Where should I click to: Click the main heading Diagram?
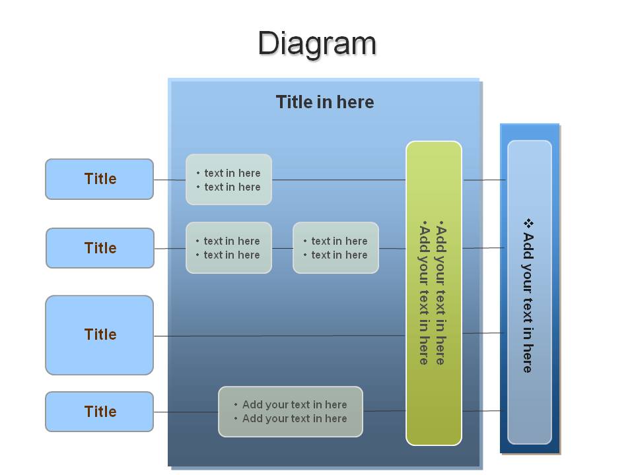[x=317, y=44]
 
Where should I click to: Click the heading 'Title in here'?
[x=325, y=102]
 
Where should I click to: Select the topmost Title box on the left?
[x=100, y=179]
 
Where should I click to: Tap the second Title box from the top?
[x=100, y=248]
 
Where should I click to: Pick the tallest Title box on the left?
[x=100, y=335]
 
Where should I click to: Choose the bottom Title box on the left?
[x=100, y=412]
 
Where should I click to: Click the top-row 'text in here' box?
[x=229, y=179]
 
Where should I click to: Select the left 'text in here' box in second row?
[x=229, y=247]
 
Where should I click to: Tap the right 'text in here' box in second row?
[x=335, y=247]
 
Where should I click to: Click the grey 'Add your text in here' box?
[x=291, y=412]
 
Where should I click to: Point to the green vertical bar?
[x=434, y=293]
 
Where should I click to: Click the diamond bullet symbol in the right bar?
[x=528, y=224]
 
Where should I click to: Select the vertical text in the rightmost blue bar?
[x=528, y=296]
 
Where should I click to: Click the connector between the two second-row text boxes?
[x=282, y=249]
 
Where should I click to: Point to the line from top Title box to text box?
[x=170, y=179]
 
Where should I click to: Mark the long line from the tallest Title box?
[x=280, y=336]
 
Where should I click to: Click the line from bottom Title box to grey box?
[x=186, y=412]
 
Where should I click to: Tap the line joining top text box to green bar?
[x=339, y=179]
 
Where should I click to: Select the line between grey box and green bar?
[x=384, y=411]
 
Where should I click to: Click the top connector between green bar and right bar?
[x=484, y=179]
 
